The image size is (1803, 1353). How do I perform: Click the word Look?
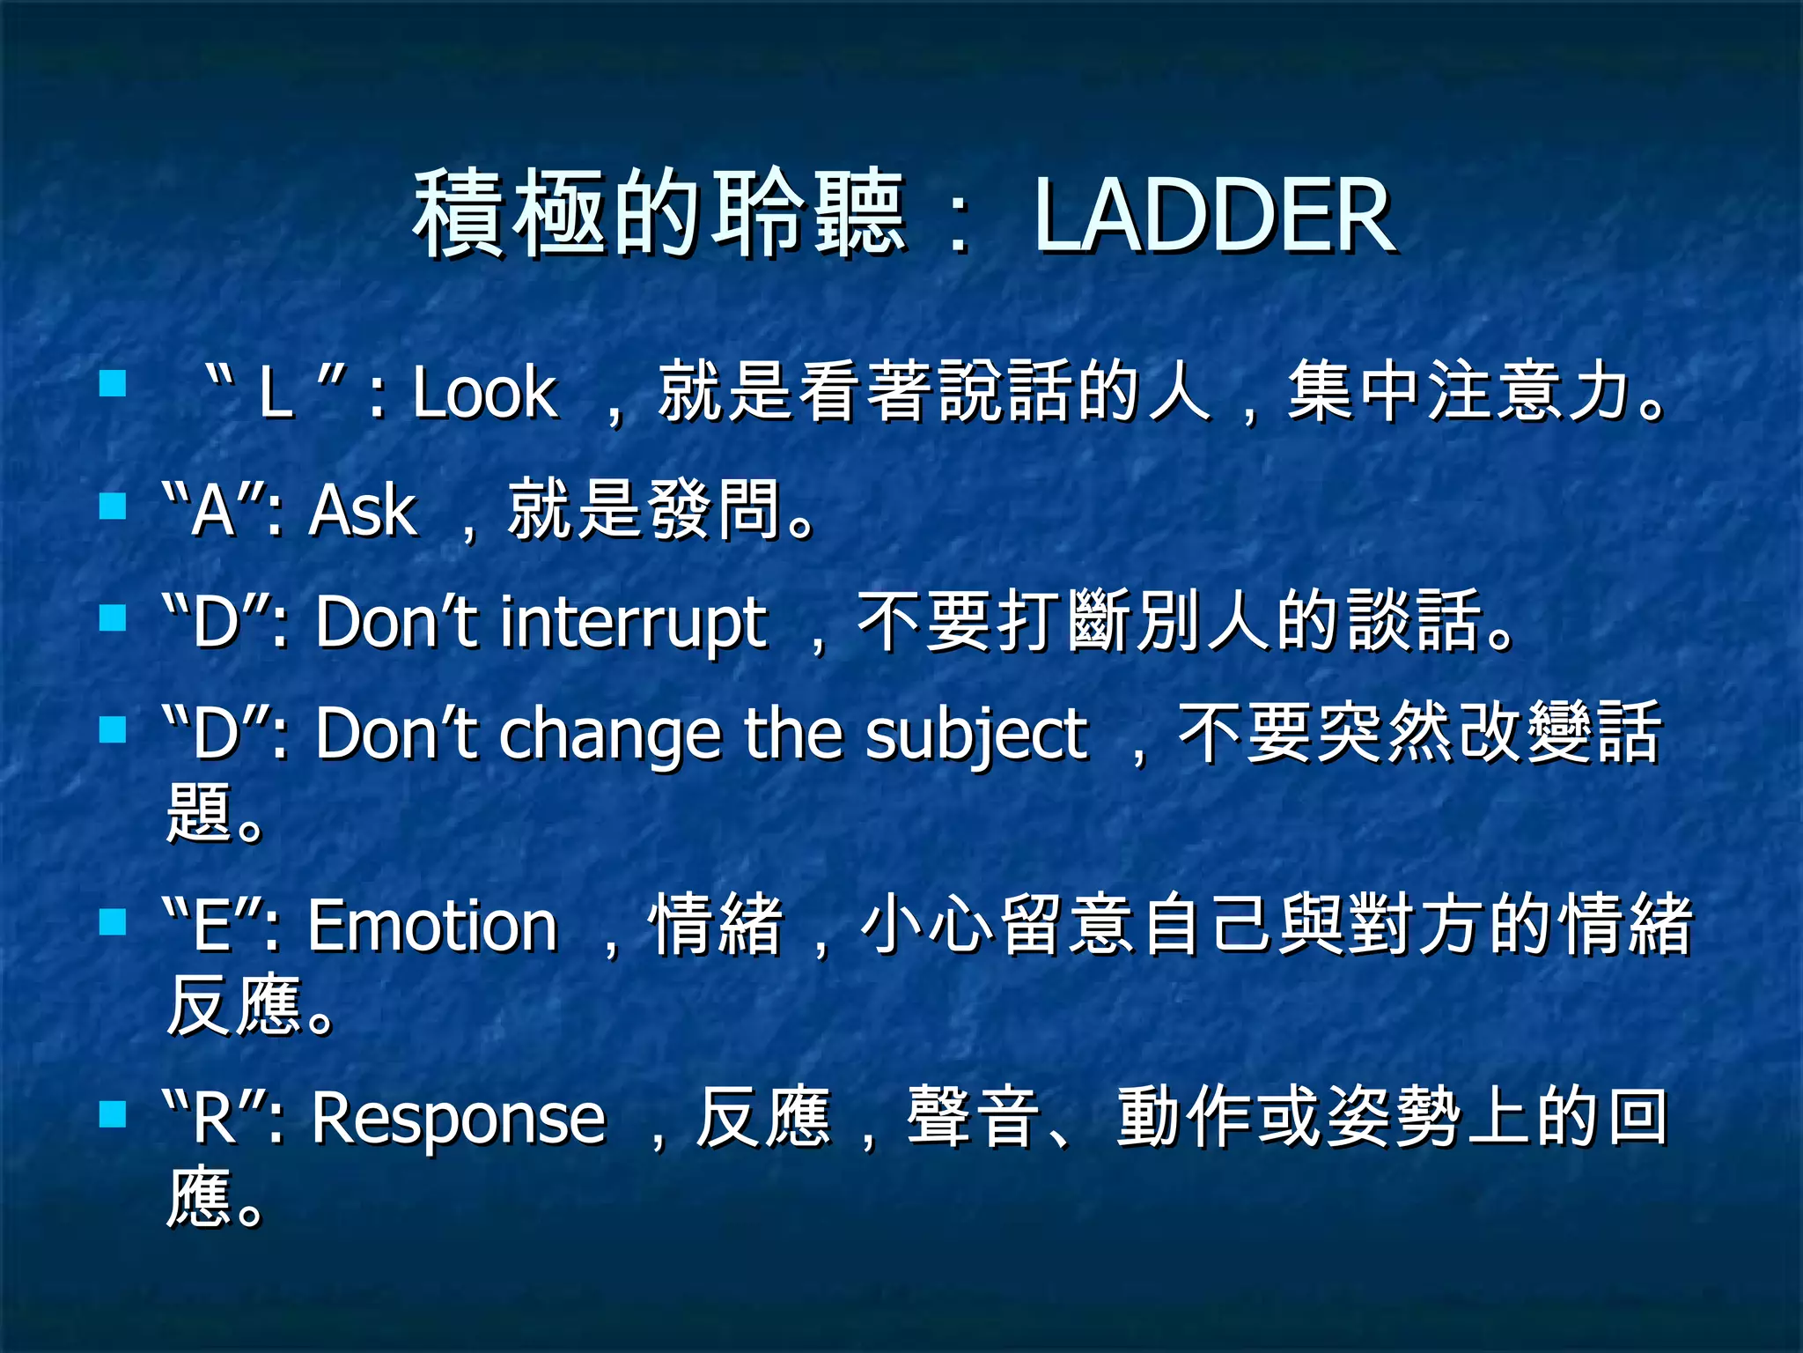485,393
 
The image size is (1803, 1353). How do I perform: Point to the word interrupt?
633,624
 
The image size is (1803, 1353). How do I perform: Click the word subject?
976,735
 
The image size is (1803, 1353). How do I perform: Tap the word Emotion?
432,927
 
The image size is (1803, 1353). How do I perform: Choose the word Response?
459,1119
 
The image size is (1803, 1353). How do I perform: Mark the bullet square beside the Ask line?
113,506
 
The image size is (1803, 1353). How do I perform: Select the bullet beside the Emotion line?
113,921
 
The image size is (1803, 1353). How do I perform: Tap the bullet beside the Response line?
113,1114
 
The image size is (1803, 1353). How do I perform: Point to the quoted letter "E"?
212,927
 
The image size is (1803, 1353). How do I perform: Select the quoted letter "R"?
214,1119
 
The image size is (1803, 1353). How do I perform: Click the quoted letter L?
274,393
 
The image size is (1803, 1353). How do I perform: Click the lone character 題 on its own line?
199,812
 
